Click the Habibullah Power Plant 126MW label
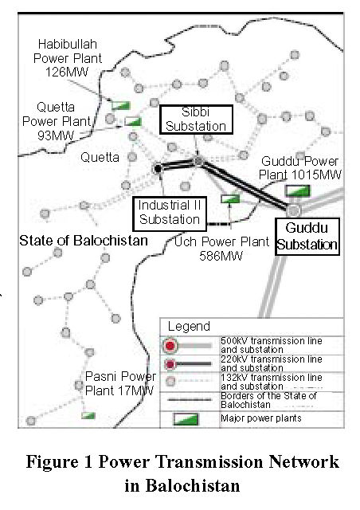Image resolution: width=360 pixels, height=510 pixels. (68, 58)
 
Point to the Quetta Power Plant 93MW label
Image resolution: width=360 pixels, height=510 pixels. (56, 121)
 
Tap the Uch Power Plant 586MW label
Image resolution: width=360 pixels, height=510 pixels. (221, 249)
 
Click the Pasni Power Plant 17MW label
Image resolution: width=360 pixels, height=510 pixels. (120, 383)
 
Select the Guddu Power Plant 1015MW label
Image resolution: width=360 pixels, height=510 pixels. (299, 168)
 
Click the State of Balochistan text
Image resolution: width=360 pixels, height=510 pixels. (84, 241)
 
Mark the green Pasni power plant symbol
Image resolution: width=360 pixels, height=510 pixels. (88, 415)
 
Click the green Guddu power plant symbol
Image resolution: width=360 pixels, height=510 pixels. (297, 190)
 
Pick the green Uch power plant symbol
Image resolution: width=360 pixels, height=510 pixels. (230, 198)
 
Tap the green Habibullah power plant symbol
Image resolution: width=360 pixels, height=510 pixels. (120, 105)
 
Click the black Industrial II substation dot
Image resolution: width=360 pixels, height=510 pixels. (158, 169)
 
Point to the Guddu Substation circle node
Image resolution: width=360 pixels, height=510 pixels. (293, 210)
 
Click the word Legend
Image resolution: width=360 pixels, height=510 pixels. (189, 326)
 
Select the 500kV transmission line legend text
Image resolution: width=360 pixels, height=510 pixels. (272, 345)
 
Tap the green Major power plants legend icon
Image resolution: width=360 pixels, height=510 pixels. (186, 419)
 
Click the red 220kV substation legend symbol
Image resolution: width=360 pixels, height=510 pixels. (170, 364)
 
